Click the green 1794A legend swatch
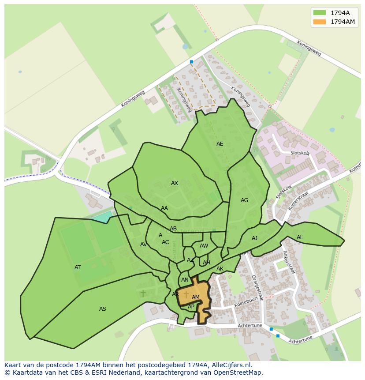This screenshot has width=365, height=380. point(319,12)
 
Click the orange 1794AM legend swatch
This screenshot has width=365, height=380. point(319,22)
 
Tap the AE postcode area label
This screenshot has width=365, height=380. point(220,144)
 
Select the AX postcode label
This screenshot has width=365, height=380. point(175,183)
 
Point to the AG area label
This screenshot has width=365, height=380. point(244,200)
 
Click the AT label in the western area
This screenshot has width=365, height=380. point(78,267)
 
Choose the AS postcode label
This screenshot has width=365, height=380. point(103,309)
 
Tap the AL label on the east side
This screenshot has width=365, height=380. point(300,237)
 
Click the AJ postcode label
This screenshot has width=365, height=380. point(254,238)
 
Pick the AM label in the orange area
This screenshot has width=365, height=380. point(196,297)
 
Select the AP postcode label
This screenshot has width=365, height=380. point(191,307)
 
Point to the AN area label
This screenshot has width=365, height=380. point(185,280)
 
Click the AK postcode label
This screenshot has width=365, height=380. point(220,269)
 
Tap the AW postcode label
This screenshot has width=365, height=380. point(204,246)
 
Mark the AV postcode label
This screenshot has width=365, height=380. point(143,245)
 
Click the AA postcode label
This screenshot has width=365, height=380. point(164,208)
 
